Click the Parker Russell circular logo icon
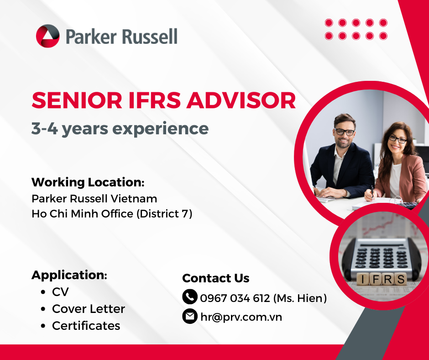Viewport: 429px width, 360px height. (x=47, y=36)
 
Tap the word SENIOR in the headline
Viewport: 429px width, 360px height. (x=77, y=100)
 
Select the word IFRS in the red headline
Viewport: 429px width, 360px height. (x=155, y=100)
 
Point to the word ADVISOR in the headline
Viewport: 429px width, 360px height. (x=241, y=100)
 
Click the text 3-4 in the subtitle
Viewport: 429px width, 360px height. (x=45, y=128)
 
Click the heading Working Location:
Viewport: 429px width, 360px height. (x=88, y=182)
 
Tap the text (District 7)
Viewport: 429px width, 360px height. (x=164, y=214)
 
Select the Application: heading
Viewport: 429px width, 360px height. (x=69, y=275)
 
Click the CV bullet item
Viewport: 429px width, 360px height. (x=60, y=292)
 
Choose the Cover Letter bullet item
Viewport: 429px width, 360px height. (x=89, y=309)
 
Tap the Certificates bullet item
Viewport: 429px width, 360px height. (x=86, y=326)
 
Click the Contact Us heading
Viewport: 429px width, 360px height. (x=215, y=278)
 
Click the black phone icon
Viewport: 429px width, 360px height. (x=190, y=296)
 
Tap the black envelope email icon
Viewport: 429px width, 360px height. (x=190, y=316)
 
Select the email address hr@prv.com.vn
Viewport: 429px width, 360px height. (x=241, y=317)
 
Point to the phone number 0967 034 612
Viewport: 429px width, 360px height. (x=235, y=298)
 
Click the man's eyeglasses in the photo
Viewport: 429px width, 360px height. (x=344, y=132)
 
